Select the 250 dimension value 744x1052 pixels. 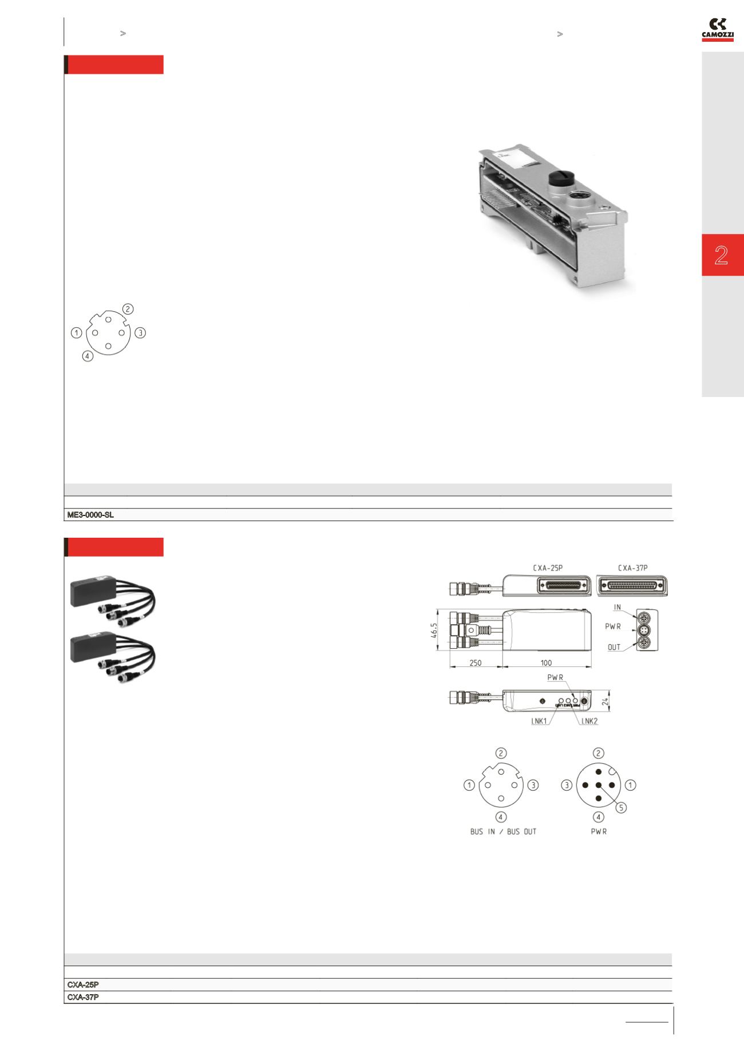pyautogui.click(x=475, y=663)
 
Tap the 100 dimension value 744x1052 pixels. pyautogui.click(x=546, y=663)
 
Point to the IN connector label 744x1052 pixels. pyautogui.click(x=618, y=608)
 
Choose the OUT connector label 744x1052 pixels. pyautogui.click(x=614, y=648)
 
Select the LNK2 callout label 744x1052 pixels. pyautogui.click(x=589, y=721)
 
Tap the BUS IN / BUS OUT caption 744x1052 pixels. pyautogui.click(x=503, y=831)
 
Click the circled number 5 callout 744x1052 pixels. pyautogui.click(x=622, y=808)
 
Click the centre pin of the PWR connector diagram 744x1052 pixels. pyautogui.click(x=599, y=785)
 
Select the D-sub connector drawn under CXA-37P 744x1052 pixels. pyautogui.click(x=632, y=585)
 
